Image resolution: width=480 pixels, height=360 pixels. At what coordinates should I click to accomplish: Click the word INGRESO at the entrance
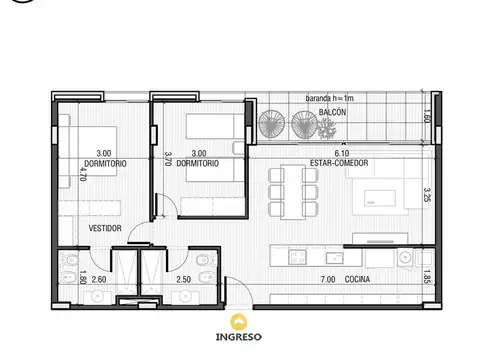click(239, 337)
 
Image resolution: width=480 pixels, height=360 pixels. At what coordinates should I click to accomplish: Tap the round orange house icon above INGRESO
click(239, 321)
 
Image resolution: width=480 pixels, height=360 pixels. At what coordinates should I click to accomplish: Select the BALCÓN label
click(333, 113)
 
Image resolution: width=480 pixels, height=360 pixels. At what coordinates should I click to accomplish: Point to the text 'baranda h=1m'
click(330, 99)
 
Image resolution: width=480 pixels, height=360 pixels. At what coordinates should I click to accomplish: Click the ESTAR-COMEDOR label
click(339, 163)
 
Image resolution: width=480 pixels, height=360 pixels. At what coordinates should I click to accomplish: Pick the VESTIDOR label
click(105, 229)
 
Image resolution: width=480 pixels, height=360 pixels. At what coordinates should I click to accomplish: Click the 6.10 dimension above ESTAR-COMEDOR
click(339, 153)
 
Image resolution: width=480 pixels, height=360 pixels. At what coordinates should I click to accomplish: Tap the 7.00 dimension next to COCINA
click(327, 281)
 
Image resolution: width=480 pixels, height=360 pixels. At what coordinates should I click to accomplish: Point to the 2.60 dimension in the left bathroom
click(99, 281)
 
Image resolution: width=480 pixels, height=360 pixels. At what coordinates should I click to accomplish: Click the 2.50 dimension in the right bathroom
click(183, 281)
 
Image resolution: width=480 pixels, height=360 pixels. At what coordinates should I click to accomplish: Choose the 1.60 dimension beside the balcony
click(426, 116)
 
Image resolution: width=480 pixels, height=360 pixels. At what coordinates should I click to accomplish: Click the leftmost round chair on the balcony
click(271, 123)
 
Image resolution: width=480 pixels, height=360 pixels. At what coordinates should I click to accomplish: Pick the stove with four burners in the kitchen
click(297, 257)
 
